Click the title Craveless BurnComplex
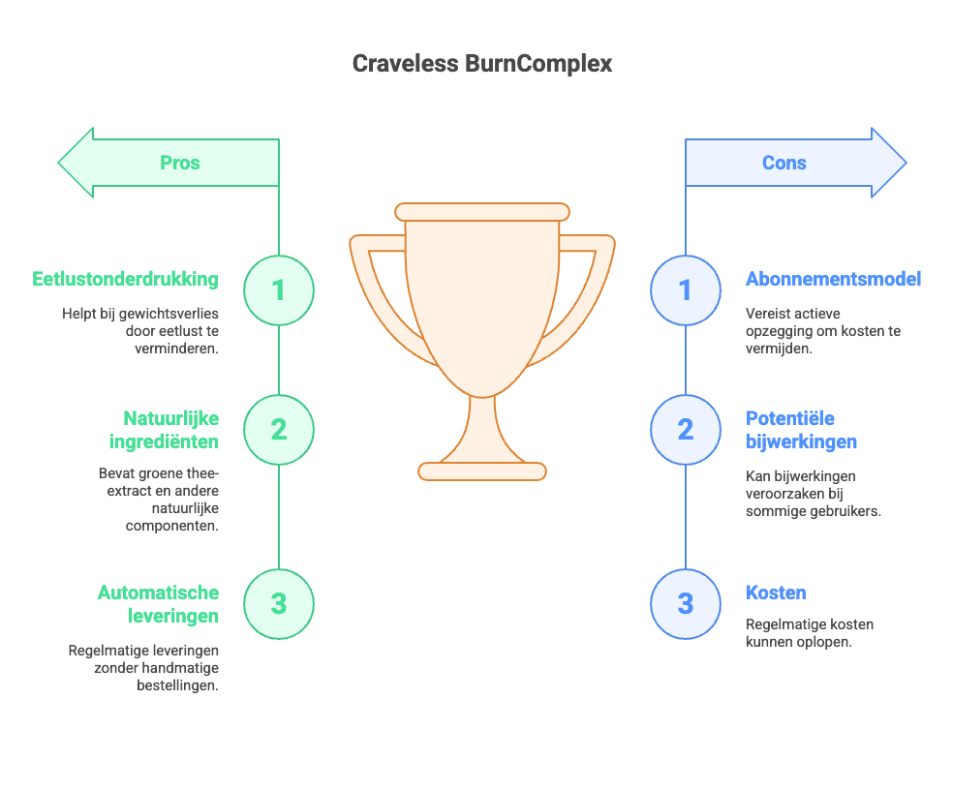[481, 64]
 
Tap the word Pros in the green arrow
[180, 163]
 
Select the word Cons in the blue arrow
[784, 163]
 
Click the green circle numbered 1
[279, 289]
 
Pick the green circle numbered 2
[279, 429]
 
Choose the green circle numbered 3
[279, 604]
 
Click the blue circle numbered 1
[685, 289]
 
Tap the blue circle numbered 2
[685, 429]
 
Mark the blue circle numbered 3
[685, 604]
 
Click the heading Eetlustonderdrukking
[125, 280]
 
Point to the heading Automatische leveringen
[158, 604]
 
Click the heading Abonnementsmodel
[833, 280]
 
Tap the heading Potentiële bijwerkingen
[801, 430]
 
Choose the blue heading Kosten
[776, 592]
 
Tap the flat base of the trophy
[482, 471]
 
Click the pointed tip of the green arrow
[62, 163]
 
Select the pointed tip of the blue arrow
[903, 163]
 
